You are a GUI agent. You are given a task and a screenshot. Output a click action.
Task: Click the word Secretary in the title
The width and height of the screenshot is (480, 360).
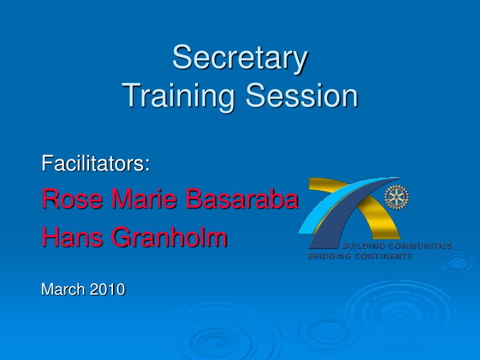(x=240, y=58)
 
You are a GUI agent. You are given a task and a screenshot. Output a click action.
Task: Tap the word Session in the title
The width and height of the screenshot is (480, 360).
(x=302, y=95)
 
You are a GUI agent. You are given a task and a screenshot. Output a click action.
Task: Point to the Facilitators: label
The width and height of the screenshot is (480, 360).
(x=96, y=163)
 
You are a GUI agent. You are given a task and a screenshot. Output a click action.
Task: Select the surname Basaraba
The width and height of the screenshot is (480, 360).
(x=242, y=198)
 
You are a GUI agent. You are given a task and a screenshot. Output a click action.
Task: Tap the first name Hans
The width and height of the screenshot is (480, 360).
(x=72, y=237)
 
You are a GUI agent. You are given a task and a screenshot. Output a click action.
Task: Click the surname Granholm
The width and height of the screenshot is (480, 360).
(x=169, y=237)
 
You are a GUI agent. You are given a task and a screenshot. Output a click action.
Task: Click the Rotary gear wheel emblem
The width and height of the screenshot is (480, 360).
(x=397, y=197)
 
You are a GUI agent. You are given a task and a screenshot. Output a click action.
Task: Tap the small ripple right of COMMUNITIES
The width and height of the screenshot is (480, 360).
(x=457, y=262)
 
